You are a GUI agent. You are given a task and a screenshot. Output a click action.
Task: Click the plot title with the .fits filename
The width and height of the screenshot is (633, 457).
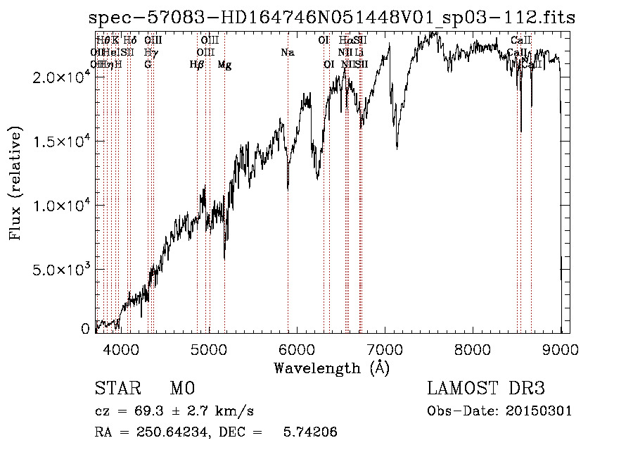click(332, 18)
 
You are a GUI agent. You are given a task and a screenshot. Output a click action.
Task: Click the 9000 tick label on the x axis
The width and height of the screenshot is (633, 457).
click(561, 349)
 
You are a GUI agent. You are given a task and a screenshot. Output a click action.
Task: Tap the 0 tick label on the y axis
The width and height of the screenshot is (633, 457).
click(85, 329)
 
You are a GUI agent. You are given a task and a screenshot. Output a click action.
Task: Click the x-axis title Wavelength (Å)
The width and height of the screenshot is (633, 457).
click(332, 368)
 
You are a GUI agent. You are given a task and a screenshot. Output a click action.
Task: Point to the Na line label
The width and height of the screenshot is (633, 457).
click(287, 52)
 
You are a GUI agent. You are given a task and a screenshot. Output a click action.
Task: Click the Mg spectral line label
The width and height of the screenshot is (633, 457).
click(224, 65)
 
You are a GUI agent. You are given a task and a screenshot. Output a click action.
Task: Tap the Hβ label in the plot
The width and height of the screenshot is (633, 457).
click(197, 65)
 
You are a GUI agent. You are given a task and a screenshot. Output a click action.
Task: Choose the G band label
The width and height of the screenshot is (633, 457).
click(148, 65)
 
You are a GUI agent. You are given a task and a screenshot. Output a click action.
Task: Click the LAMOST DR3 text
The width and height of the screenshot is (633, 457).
click(486, 389)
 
